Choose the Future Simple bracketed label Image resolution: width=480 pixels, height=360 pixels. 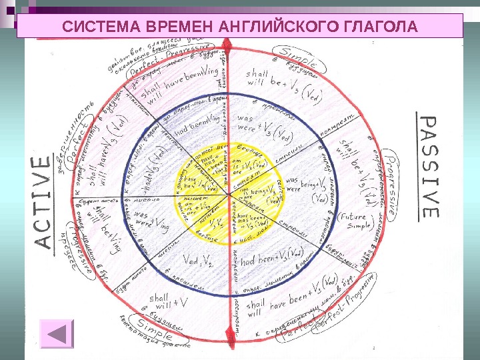tap(355, 221)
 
